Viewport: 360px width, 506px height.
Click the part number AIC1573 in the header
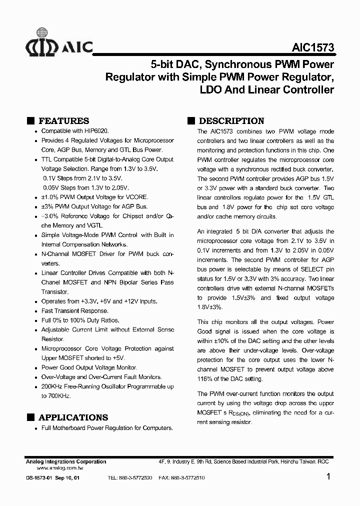pos(312,48)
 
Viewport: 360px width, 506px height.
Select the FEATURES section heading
pos(63,121)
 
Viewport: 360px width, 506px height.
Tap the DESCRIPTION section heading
pos(231,121)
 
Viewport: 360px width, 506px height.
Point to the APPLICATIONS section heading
pos(73,417)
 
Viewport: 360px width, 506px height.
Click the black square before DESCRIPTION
pos(190,121)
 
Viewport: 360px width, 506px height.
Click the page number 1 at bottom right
pos(328,477)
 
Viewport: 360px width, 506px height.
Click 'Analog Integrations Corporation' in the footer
pos(65,462)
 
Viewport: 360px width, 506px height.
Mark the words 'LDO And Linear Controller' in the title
pos(266,90)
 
